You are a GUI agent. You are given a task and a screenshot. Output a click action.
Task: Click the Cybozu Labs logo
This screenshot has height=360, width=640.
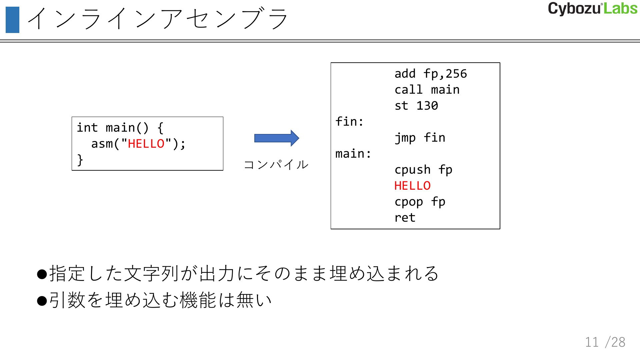(x=592, y=9)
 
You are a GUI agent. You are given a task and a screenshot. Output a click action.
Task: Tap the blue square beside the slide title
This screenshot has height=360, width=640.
(x=12, y=20)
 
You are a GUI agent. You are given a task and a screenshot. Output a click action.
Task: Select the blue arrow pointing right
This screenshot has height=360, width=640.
(x=276, y=138)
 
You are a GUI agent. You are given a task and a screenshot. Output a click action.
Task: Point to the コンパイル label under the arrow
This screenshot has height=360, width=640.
(x=276, y=165)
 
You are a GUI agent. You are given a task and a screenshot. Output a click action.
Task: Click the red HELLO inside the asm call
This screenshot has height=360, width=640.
(x=146, y=144)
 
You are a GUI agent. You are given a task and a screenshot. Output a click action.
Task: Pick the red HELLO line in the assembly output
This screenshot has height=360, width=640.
(x=412, y=186)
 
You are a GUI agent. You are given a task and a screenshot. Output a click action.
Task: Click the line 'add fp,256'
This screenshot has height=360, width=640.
(x=430, y=74)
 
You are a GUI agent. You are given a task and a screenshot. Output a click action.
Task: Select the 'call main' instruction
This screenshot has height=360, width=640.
(x=427, y=90)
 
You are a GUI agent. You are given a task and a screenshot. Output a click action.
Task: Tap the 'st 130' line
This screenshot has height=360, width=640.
(x=416, y=106)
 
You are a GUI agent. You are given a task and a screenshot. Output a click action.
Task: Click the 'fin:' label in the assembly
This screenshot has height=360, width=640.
(x=349, y=122)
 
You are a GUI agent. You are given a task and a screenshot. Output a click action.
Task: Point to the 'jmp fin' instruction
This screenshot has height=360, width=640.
(x=420, y=138)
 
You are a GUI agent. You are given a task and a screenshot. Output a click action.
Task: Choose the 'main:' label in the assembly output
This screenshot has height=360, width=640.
(x=353, y=154)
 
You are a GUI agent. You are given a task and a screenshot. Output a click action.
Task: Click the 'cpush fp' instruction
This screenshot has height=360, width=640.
(x=423, y=170)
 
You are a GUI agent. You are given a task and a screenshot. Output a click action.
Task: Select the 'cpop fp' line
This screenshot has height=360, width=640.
(x=420, y=202)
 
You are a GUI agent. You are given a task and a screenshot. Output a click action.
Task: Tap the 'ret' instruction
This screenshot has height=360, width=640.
(x=405, y=218)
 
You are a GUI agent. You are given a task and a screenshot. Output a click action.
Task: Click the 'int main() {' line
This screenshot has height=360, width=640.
(x=120, y=128)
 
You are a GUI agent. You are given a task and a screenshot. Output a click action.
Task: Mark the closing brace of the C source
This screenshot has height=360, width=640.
(x=80, y=160)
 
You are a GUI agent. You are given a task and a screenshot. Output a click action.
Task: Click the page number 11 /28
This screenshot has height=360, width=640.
(x=605, y=342)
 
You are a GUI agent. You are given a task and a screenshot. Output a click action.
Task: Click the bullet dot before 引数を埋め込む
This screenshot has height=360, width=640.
(x=42, y=301)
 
